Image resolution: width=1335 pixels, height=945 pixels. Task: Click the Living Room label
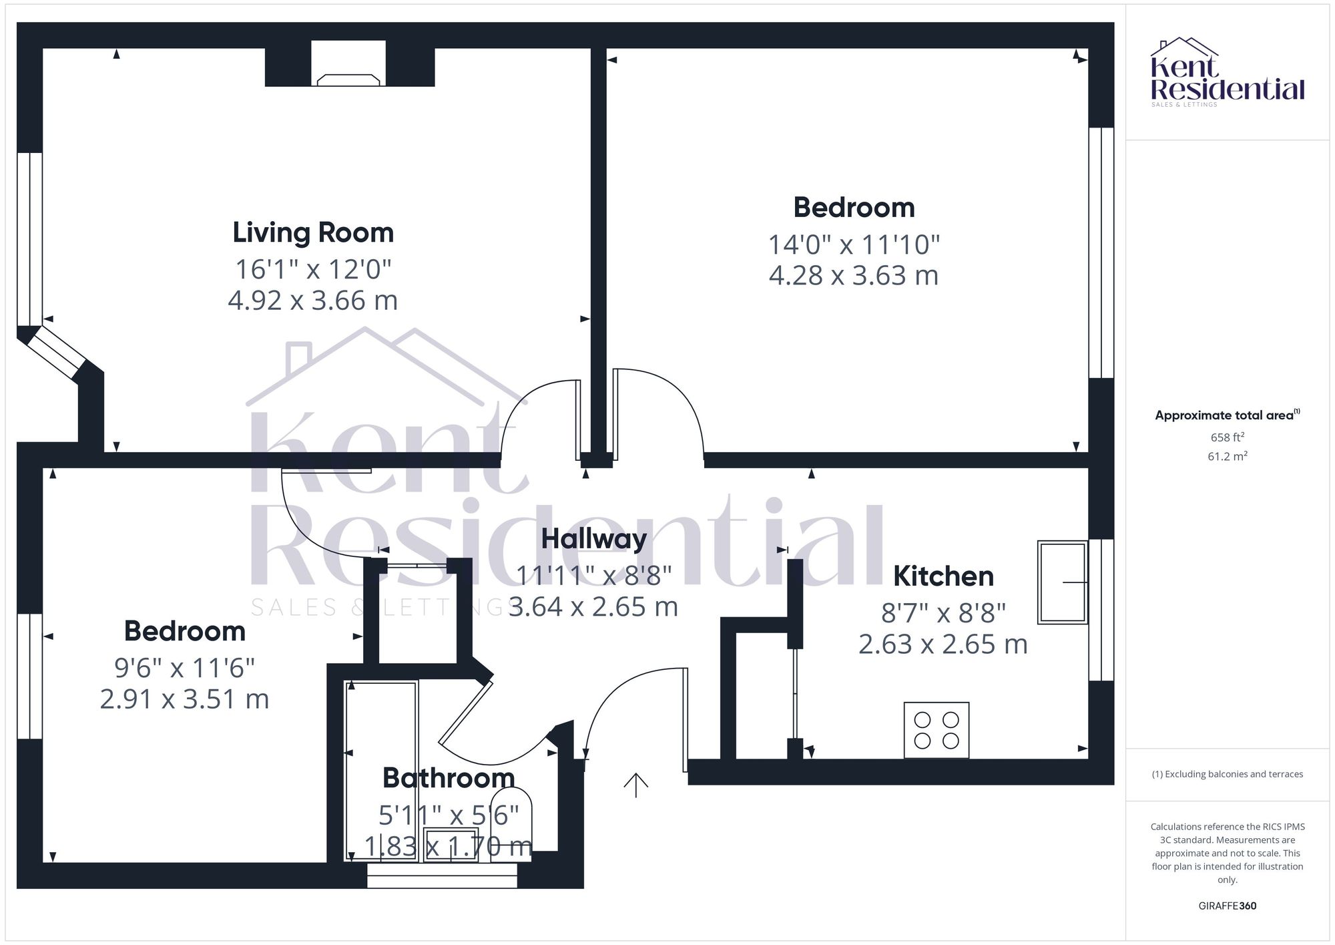(313, 232)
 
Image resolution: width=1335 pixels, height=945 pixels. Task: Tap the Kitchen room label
(943, 576)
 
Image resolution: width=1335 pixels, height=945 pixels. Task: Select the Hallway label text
(593, 539)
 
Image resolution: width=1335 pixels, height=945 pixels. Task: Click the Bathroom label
(449, 778)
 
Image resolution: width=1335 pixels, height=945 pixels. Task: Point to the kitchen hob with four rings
(936, 730)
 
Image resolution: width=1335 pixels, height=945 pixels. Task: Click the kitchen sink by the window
(1062, 582)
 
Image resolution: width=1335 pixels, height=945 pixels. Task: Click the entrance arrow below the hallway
(635, 785)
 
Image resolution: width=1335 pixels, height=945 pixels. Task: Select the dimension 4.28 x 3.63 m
(853, 276)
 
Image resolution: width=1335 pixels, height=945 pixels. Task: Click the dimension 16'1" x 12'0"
(313, 270)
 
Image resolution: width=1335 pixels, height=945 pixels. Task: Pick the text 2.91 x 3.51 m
(184, 699)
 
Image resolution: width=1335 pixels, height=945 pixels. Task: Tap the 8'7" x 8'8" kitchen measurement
(943, 612)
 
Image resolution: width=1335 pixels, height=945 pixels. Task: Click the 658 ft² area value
(1227, 437)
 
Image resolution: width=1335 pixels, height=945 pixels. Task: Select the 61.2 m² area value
(1227, 457)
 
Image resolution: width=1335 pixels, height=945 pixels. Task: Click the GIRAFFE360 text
(1227, 906)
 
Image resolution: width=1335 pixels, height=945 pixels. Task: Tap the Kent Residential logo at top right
(1227, 72)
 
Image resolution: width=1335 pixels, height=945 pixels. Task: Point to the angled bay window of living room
(58, 352)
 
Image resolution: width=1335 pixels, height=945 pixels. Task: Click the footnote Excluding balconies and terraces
(1227, 775)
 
